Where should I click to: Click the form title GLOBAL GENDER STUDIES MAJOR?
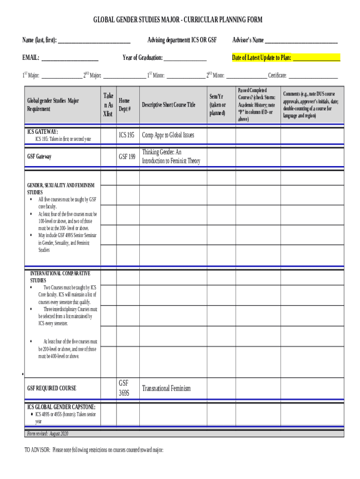178,20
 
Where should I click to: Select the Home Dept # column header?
124,105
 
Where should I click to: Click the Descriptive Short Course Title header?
168,105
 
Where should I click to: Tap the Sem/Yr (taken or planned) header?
217,105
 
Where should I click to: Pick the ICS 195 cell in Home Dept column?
126,135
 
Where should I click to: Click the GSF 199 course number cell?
126,157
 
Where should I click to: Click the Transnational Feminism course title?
166,388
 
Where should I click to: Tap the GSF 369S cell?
124,388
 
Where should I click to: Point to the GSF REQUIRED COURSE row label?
51,388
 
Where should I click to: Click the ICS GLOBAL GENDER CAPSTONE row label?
61,407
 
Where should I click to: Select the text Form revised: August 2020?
47,434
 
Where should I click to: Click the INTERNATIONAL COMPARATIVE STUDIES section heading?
60,277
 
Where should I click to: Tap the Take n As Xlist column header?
108,104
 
